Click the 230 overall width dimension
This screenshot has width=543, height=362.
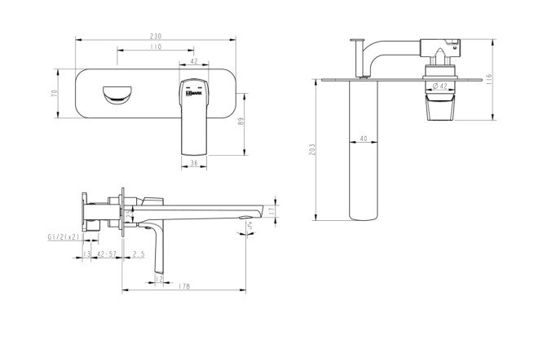coord(156,36)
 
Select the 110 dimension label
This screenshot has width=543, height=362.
coord(155,48)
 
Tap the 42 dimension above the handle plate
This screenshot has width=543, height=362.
coord(193,61)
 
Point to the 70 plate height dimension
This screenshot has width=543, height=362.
coord(55,95)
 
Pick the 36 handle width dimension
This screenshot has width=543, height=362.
coord(193,163)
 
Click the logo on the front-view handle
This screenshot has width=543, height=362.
coord(193,95)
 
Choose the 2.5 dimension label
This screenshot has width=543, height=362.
coord(139,254)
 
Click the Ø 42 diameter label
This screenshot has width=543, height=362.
coord(437,86)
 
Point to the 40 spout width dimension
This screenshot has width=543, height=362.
coord(363,139)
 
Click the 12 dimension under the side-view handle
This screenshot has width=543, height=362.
coord(157,279)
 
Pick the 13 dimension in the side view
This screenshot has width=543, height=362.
coord(87,254)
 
